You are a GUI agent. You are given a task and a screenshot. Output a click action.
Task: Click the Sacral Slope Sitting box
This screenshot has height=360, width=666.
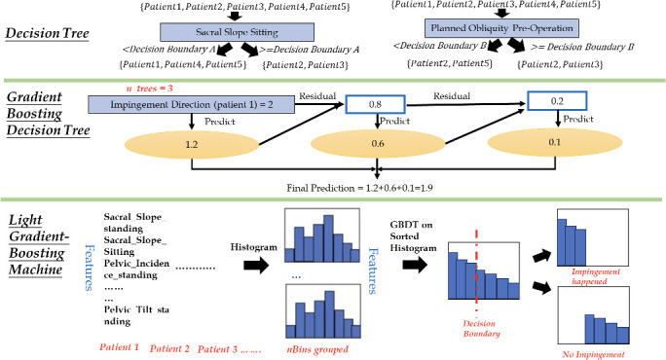(237, 32)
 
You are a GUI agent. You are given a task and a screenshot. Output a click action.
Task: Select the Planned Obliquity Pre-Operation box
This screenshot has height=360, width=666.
(501, 28)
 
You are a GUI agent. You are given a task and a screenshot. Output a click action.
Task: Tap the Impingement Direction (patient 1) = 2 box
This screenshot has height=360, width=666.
(191, 104)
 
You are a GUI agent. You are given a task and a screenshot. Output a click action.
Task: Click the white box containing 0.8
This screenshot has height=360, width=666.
(375, 104)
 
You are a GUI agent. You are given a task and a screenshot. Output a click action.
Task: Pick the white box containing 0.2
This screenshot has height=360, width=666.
(557, 101)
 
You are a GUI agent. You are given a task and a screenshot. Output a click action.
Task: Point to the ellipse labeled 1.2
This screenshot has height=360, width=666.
(192, 144)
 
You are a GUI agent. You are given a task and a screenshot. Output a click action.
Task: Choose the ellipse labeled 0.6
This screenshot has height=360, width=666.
(378, 143)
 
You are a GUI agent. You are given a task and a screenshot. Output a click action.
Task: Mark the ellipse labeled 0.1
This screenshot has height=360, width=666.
(555, 142)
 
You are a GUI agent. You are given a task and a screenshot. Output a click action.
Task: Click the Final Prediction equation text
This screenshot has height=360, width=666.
(359, 188)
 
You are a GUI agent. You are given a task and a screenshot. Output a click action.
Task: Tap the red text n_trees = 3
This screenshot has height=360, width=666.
(150, 89)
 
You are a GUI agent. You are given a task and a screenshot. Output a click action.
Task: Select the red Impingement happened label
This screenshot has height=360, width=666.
(595, 276)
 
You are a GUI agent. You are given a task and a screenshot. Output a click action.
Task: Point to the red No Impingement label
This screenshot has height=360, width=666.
(593, 354)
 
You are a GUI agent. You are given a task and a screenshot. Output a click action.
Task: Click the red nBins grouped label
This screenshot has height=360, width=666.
(317, 349)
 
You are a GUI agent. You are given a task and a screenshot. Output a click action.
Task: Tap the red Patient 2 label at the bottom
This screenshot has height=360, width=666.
(169, 348)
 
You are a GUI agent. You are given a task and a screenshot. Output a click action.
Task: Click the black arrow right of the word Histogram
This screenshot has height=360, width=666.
(256, 266)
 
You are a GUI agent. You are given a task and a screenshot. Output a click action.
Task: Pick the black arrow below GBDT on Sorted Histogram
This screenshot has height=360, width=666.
(415, 265)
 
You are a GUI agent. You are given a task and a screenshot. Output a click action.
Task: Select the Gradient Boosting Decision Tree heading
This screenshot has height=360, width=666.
(48, 113)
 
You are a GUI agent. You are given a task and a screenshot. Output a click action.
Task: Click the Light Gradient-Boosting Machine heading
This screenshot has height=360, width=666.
(38, 244)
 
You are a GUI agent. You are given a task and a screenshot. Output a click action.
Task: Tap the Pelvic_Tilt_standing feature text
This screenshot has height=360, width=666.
(136, 315)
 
